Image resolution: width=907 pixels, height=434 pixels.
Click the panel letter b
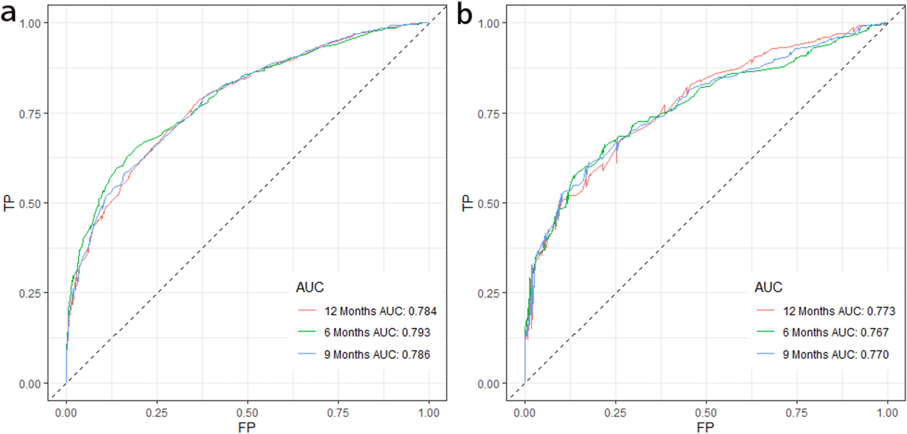click(x=464, y=14)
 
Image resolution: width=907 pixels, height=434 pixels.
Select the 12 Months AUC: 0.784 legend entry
click(x=380, y=311)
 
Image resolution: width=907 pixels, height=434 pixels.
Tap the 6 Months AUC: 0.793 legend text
click(x=377, y=332)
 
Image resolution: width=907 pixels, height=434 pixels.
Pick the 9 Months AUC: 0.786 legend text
click(x=377, y=354)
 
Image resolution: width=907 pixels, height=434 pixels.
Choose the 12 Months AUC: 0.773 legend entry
click(x=838, y=311)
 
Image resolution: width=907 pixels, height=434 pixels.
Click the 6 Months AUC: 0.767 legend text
click(x=835, y=332)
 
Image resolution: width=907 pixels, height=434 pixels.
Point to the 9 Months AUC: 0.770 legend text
click(x=835, y=354)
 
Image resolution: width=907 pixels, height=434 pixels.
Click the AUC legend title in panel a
click(x=310, y=287)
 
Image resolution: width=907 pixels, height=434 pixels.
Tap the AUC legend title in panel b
click(x=768, y=287)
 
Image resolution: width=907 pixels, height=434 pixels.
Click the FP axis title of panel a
click(x=247, y=427)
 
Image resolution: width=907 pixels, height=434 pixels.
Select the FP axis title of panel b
click(x=706, y=427)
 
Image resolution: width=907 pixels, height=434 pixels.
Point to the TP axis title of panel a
click(x=9, y=203)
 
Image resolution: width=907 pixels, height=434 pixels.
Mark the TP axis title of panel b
click(x=467, y=203)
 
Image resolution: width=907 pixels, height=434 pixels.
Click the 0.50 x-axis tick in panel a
click(x=247, y=413)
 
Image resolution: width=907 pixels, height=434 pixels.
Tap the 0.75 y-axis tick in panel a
click(x=30, y=113)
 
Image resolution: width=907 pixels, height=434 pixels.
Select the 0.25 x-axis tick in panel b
click(x=615, y=413)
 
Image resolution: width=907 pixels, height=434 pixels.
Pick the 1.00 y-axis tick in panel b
click(x=488, y=23)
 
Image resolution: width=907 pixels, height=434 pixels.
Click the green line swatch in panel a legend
click(x=307, y=332)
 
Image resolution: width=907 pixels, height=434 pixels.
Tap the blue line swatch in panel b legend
click(x=765, y=354)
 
